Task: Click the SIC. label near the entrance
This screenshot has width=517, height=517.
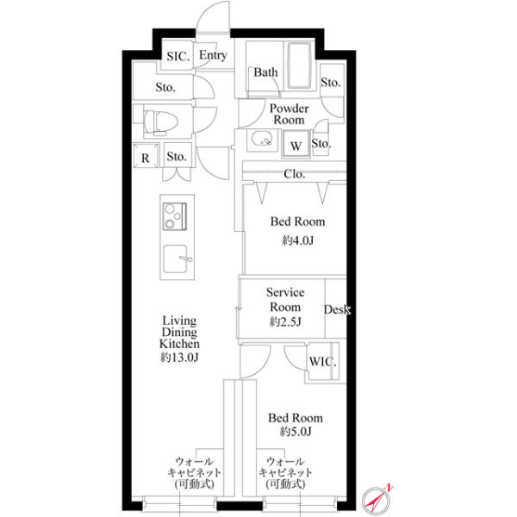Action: click(178, 56)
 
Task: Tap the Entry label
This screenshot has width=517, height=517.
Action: click(213, 55)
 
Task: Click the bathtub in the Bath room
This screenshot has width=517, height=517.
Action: click(299, 65)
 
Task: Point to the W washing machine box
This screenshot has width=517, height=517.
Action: click(296, 144)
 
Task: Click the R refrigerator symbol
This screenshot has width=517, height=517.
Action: click(146, 156)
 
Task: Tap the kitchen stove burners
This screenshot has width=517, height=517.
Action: click(175, 216)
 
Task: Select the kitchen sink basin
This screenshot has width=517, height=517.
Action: click(176, 258)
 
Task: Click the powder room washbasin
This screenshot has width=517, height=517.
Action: click(262, 139)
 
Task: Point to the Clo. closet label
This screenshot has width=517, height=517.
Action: click(295, 174)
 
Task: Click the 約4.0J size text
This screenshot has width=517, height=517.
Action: click(298, 240)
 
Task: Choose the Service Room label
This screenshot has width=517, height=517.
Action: click(285, 300)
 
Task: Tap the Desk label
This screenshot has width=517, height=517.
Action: click(337, 309)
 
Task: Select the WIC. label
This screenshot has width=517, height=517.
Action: click(322, 362)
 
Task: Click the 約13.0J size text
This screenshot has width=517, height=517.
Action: click(180, 358)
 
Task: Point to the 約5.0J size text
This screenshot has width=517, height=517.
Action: click(296, 432)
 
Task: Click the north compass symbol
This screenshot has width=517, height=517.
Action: click(376, 500)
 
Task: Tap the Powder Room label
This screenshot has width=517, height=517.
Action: click(290, 114)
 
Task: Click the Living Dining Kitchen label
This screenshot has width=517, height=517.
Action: click(180, 332)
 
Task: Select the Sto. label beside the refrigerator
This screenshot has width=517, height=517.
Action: click(177, 156)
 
